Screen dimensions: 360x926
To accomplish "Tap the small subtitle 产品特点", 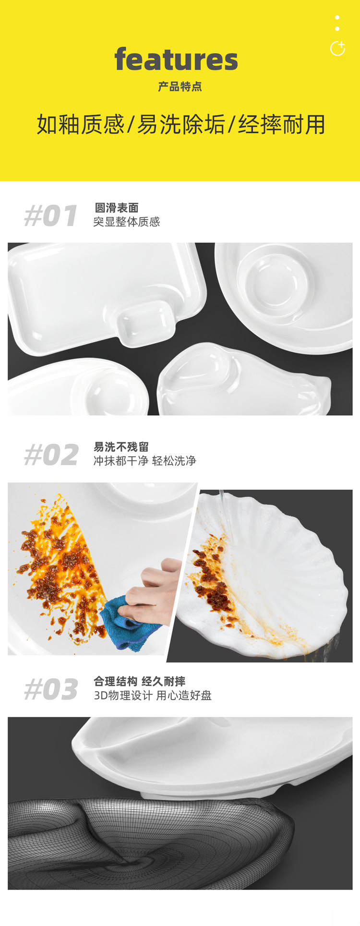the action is click(x=180, y=86).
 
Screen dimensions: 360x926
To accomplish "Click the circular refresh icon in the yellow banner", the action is click(x=337, y=48).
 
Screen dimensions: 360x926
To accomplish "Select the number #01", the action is click(x=51, y=216).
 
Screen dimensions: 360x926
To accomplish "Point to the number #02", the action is click(x=51, y=455).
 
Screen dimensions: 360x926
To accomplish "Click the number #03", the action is click(x=51, y=689).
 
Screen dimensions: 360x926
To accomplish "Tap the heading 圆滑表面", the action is click(x=117, y=208).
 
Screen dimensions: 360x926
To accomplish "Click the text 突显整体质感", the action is click(x=127, y=222).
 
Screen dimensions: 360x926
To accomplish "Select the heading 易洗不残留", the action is click(x=121, y=447).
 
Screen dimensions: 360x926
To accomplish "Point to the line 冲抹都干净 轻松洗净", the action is click(x=145, y=461).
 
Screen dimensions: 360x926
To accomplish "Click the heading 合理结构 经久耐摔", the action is click(x=140, y=681).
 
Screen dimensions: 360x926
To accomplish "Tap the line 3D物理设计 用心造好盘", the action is click(x=153, y=695).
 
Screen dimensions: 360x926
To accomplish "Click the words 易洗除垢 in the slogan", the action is click(x=181, y=124).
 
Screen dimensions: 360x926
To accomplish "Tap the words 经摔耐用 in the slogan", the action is click(x=281, y=124).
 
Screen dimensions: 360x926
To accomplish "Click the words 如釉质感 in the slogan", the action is click(x=81, y=124).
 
